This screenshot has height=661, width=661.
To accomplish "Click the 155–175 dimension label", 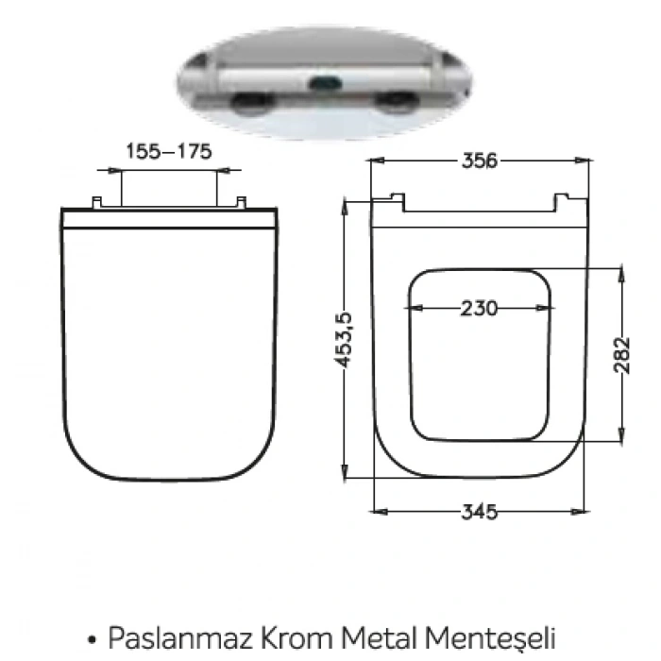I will click(x=168, y=151).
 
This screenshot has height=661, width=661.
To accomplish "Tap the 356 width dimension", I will click(x=480, y=161).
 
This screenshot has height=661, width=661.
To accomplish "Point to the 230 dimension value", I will click(x=480, y=308).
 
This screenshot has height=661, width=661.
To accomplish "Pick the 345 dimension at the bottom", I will click(x=480, y=512).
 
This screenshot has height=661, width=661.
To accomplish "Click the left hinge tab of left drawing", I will click(x=96, y=202).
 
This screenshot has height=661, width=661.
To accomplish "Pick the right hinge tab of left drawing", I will click(x=240, y=202).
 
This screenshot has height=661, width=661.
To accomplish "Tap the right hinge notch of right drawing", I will click(x=563, y=199).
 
